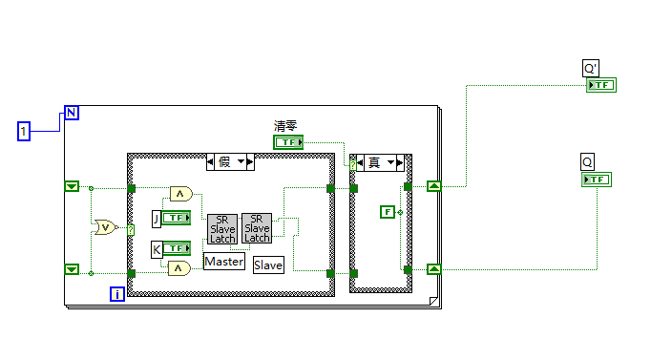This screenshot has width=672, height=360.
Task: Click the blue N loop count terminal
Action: point(72,113)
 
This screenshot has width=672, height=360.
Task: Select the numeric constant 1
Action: point(24,131)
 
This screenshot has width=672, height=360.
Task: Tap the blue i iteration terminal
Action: point(117,294)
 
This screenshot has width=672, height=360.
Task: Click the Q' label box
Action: point(591,68)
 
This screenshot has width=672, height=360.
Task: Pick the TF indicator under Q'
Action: point(601,85)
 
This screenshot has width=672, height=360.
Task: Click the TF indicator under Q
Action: point(597,180)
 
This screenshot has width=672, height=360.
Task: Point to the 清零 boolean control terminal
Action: point(288,142)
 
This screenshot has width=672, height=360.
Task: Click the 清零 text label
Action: point(285,126)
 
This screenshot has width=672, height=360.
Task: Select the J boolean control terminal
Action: point(177,218)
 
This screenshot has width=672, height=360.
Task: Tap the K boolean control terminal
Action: point(177,248)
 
